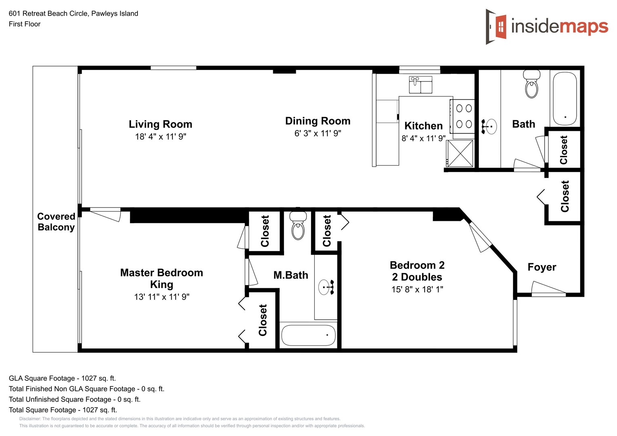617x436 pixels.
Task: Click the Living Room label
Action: (160, 124)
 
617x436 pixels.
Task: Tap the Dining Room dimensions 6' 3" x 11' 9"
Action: (318, 134)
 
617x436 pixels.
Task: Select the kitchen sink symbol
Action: (420, 85)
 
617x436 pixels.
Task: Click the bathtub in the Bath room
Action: (564, 98)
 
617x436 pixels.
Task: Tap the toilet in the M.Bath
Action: (298, 226)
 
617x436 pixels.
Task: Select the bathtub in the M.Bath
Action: (308, 335)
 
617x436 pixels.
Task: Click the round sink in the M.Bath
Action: (326, 287)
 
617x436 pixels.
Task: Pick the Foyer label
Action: (542, 267)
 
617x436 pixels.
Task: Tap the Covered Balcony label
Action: (56, 222)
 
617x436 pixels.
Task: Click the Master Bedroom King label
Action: (162, 279)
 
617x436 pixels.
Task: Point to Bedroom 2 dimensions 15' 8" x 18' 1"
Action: (417, 289)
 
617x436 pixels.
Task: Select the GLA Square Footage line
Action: (62, 378)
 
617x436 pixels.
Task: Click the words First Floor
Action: (25, 24)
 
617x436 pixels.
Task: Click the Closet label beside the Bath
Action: (564, 150)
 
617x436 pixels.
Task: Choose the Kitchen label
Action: (423, 126)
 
